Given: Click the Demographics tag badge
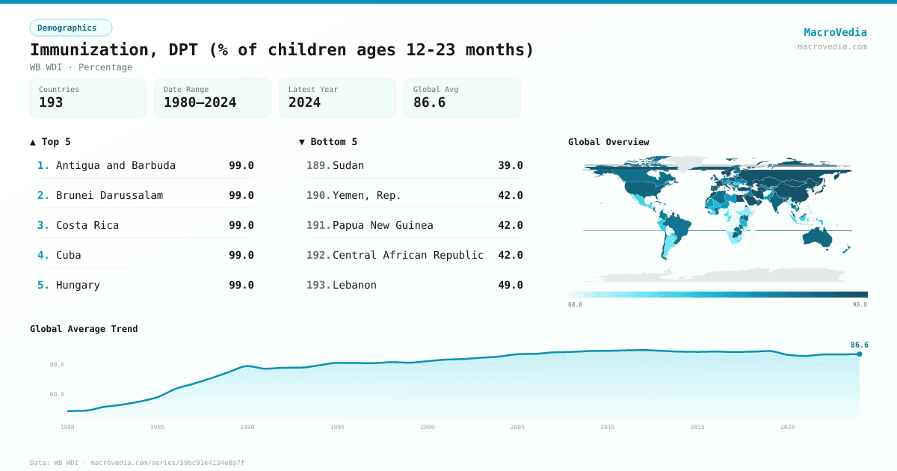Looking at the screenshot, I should pos(70,28).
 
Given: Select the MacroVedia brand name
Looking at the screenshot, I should pos(835,32).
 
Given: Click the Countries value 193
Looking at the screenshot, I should pos(51,102).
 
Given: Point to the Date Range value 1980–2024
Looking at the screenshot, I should pos(200,102).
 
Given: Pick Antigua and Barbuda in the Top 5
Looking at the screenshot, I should pos(116,165).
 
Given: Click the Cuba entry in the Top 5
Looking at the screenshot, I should pos(69,255).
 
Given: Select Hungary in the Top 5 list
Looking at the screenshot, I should pos(78,285).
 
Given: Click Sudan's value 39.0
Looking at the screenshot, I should pos(510,165).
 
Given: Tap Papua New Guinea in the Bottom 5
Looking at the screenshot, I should pos(383,225).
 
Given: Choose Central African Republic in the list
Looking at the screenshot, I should pos(408,255).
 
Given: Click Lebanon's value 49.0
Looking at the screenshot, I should pos(510,285).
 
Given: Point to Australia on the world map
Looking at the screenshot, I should pos(818,236).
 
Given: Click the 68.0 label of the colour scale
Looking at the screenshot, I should pos(575,304).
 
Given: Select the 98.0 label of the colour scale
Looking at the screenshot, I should pos(860,304).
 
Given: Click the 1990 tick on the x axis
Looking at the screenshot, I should pos(247,427).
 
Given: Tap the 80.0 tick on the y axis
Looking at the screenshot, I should pos(57,365).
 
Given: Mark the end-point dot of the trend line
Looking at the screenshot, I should pos(859,354).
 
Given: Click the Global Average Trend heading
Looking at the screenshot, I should pos(84,329).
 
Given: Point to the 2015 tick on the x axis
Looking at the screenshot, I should pos(697,427).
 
